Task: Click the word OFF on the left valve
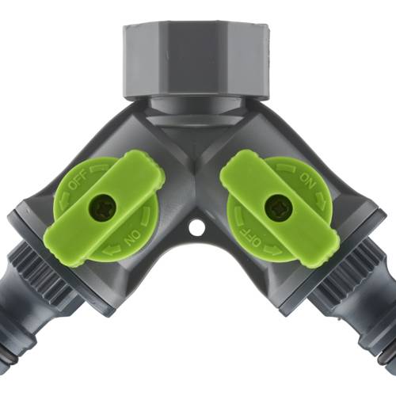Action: coord(78,181)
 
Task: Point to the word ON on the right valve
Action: coord(307,181)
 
